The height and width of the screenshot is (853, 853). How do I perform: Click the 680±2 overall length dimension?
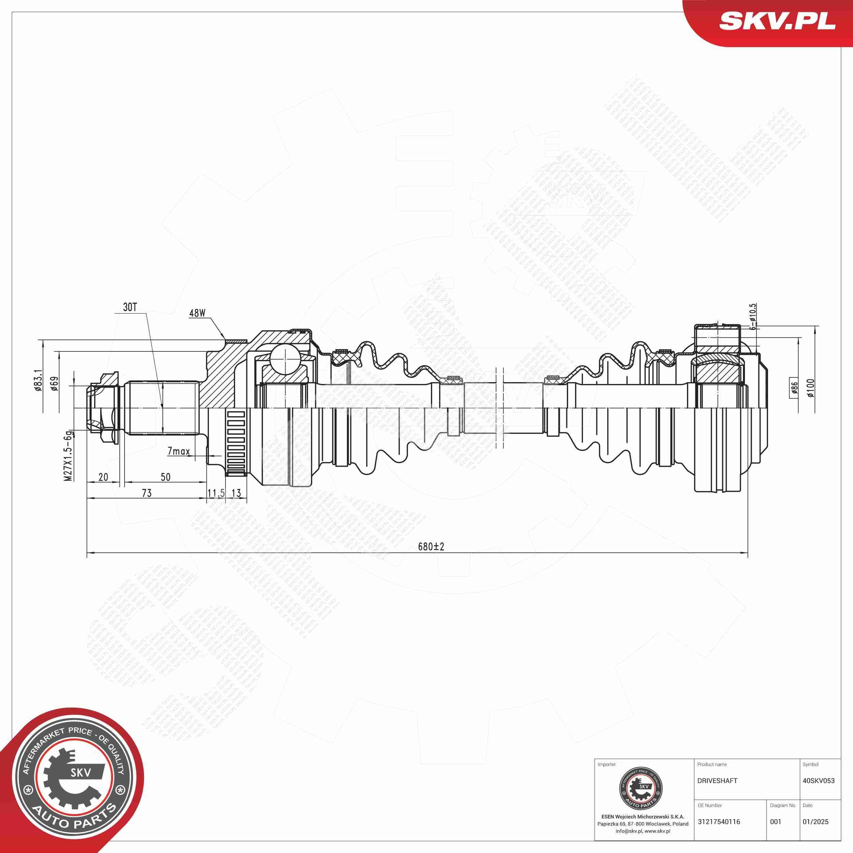431,547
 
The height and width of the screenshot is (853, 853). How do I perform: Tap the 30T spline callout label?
130,308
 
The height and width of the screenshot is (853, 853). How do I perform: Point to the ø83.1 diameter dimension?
38,380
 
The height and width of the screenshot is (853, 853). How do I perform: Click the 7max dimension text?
178,451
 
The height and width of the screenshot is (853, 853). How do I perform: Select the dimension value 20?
103,477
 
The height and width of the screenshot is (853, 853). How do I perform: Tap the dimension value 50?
165,477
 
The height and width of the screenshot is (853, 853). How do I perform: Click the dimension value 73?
147,493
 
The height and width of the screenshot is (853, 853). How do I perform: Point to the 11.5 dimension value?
216,493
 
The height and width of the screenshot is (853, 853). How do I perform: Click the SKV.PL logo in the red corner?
777,21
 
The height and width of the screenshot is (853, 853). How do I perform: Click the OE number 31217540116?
719,822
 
